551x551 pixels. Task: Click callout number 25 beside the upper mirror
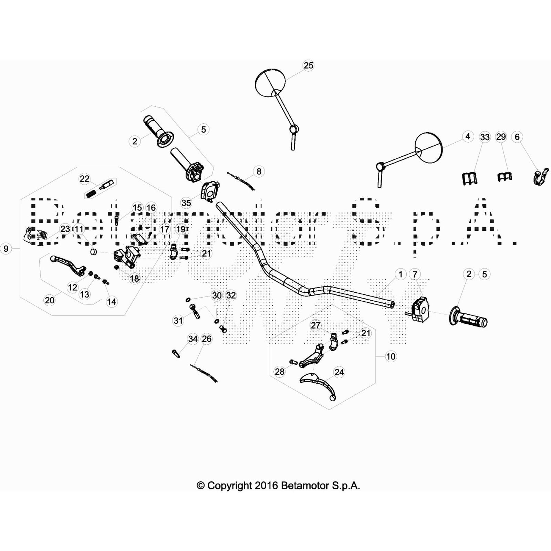pyautogui.click(x=308, y=65)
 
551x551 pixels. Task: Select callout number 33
pyautogui.click(x=485, y=137)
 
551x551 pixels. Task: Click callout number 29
pyautogui.click(x=501, y=137)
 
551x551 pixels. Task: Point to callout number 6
pyautogui.click(x=517, y=137)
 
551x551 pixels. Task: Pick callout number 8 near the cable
pyautogui.click(x=259, y=171)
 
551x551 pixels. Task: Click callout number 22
pyautogui.click(x=84, y=178)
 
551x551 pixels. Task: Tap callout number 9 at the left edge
pyautogui.click(x=6, y=248)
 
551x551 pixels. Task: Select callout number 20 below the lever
pyautogui.click(x=50, y=300)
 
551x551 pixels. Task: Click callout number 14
pyautogui.click(x=111, y=302)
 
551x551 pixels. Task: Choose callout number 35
pyautogui.click(x=186, y=203)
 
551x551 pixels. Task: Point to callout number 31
pyautogui.click(x=178, y=321)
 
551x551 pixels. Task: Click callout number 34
pyautogui.click(x=193, y=339)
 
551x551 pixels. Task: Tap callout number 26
pyautogui.click(x=207, y=339)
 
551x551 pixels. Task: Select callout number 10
pyautogui.click(x=391, y=356)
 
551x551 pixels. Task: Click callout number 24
pyautogui.click(x=339, y=372)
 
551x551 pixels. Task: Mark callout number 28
pyautogui.click(x=279, y=371)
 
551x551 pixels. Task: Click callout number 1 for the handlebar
pyautogui.click(x=400, y=274)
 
